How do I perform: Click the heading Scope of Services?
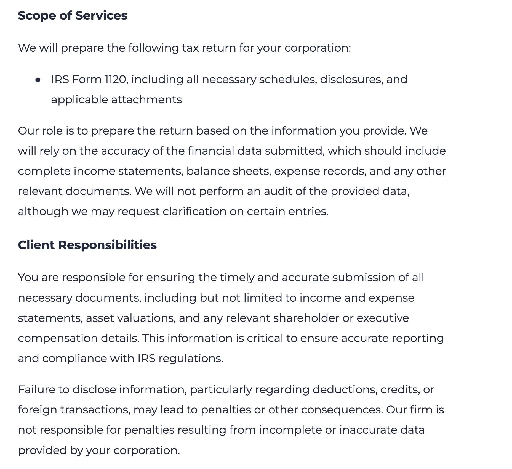pyautogui.click(x=73, y=15)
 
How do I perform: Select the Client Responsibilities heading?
pyautogui.click(x=87, y=245)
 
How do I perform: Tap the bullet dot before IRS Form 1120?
pyautogui.click(x=38, y=80)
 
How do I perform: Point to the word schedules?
pyautogui.click(x=288, y=80)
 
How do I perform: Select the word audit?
pyautogui.click(x=278, y=191)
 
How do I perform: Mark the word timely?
pyautogui.click(x=237, y=278)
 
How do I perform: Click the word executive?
pyautogui.click(x=383, y=318)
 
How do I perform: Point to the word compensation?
pyautogui.click(x=57, y=338)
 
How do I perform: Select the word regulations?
pyautogui.click(x=191, y=359)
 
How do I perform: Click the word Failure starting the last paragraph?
pyautogui.click(x=36, y=390)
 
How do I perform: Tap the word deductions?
pyautogui.click(x=345, y=390)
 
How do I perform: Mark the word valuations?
pyautogui.click(x=146, y=318)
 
